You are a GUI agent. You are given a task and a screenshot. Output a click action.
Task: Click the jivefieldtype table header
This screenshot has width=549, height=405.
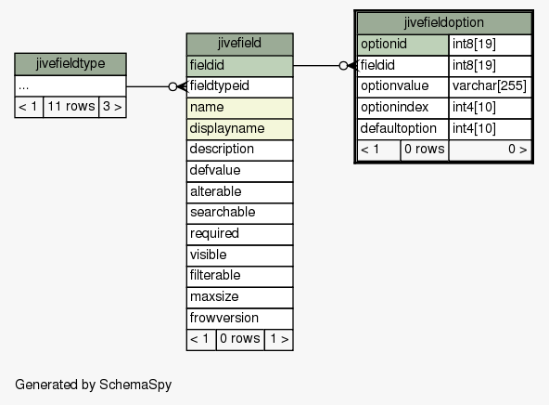coord(70,64)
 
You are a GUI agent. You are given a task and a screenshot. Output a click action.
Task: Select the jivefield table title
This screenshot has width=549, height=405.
coord(240,44)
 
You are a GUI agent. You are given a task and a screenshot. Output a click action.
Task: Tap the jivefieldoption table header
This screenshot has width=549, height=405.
coord(444,23)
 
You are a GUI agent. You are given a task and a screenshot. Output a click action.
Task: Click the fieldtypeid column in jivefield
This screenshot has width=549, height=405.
coord(240,86)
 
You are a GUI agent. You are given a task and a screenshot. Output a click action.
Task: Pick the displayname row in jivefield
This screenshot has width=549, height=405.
coord(240,129)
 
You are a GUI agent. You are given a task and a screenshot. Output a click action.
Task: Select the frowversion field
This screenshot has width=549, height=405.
coord(240,319)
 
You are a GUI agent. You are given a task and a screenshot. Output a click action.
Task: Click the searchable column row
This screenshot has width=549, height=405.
coord(240,213)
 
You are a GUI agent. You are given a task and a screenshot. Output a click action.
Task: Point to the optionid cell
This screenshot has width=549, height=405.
coord(403,45)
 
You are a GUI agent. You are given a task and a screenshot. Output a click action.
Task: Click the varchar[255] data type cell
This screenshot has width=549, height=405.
coord(490,86)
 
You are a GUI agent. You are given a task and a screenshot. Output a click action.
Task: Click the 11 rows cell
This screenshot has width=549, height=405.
coord(71,107)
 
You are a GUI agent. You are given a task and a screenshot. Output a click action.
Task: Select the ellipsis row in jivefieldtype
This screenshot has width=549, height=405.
coord(70,86)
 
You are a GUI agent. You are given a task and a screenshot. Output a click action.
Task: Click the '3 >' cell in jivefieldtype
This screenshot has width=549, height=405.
coord(112,107)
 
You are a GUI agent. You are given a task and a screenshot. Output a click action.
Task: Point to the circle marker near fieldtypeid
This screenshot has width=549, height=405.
coord(172,86)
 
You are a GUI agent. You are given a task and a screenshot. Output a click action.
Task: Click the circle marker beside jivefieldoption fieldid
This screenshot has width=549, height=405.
coord(343,66)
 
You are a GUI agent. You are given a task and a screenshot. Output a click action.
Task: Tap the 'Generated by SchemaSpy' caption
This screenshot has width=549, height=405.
coord(94,385)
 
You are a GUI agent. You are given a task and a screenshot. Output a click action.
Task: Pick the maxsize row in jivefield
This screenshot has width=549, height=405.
coord(240,297)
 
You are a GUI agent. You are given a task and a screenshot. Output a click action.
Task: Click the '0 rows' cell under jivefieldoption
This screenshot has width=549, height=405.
coord(425,150)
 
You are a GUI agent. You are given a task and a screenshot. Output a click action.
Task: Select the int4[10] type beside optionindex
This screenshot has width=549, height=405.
coord(490,108)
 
